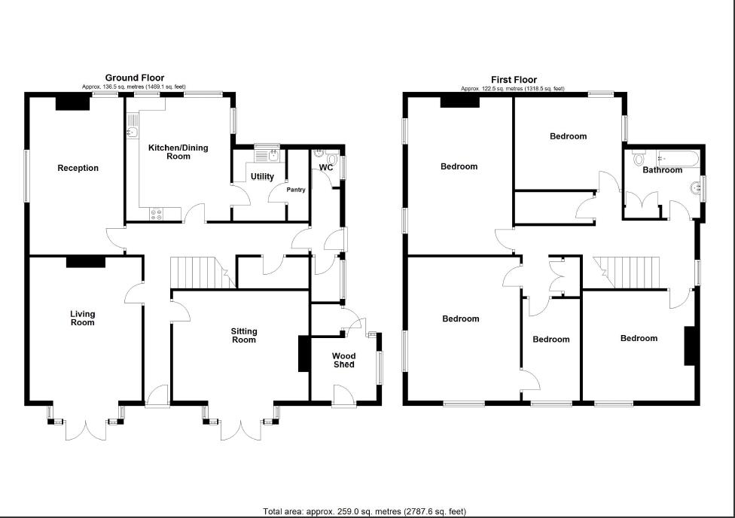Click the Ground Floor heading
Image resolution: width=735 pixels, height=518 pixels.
(134, 78)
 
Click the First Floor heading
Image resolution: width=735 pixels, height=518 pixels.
(514, 78)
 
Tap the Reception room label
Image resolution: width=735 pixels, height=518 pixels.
(78, 168)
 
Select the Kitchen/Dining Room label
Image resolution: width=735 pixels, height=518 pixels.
(178, 152)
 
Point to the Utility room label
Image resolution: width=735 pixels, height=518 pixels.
(262, 177)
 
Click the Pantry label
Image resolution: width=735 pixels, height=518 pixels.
(296, 190)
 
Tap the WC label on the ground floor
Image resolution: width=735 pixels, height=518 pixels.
(326, 167)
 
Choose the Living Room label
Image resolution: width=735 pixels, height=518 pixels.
(83, 318)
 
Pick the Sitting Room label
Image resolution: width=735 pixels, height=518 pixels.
(244, 335)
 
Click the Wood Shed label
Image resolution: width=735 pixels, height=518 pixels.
(344, 360)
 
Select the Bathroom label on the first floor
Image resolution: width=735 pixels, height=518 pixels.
(663, 170)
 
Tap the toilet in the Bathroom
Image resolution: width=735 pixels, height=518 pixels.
(639, 158)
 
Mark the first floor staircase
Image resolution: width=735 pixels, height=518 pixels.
(627, 272)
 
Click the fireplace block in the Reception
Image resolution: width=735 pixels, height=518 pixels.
(73, 103)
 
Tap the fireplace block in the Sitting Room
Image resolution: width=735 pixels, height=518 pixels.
(304, 353)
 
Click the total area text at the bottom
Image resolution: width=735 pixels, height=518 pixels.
(364, 511)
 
